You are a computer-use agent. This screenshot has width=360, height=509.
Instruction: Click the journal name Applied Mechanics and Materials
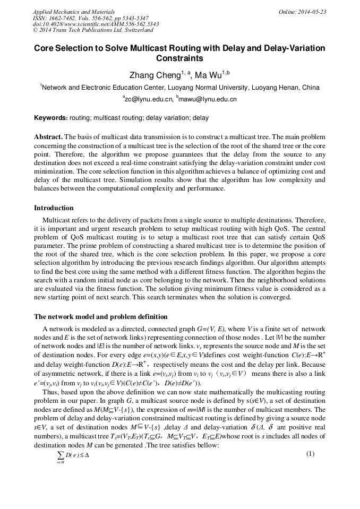tap(67, 12)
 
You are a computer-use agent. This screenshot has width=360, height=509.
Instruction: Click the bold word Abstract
tap(48, 136)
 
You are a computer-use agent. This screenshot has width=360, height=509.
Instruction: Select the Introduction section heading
tap(54, 208)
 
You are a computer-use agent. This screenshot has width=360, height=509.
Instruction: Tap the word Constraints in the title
tap(179, 58)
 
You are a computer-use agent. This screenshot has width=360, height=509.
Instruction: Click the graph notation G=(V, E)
tap(198, 329)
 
